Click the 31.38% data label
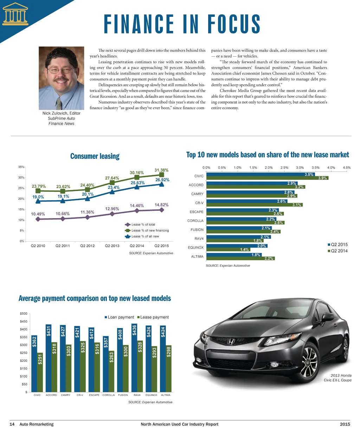pyautogui.click(x=161, y=170)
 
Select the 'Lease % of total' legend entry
pyautogui.click(x=143, y=224)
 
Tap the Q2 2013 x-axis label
pyautogui.click(x=112, y=246)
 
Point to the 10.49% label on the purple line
pyautogui.click(x=38, y=214)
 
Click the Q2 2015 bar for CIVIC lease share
pyautogui.click(x=261, y=174)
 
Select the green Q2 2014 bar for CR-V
pyautogui.click(x=254, y=205)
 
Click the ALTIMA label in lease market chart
pyautogui.click(x=197, y=256)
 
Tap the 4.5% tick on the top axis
pyautogui.click(x=347, y=168)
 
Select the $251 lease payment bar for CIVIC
pyautogui.click(x=40, y=372)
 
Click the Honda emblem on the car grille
pyautogui.click(x=232, y=341)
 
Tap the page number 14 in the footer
pyautogui.click(x=12, y=424)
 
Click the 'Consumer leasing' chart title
pyautogui.click(x=95, y=156)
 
